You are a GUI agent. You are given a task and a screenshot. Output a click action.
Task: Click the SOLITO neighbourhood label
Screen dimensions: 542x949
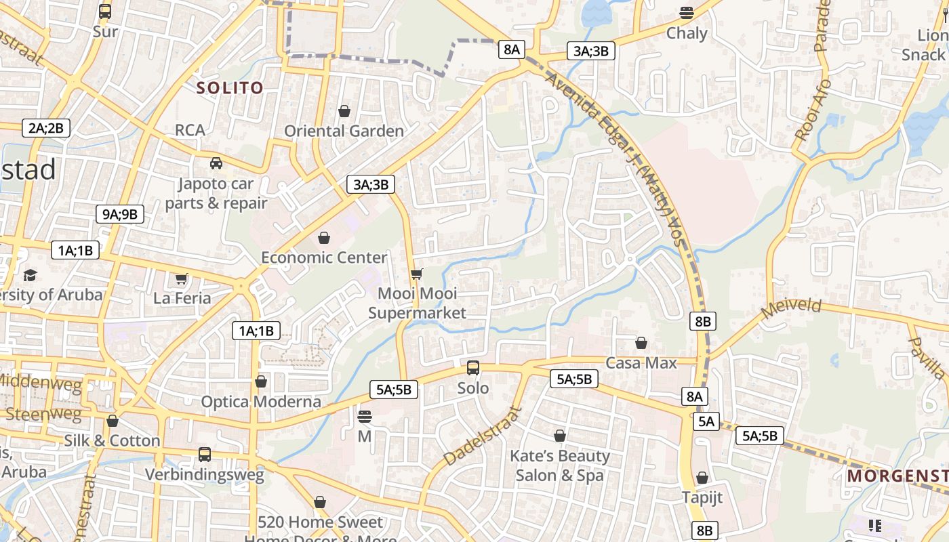tap(229, 87)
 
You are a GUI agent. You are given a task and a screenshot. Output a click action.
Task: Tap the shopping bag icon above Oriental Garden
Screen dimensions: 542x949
tap(344, 110)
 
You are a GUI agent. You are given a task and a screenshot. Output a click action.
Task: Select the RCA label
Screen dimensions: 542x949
tap(190, 130)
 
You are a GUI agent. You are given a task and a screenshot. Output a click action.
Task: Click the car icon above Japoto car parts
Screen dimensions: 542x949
tap(216, 163)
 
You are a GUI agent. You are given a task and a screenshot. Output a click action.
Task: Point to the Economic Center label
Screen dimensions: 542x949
tap(324, 257)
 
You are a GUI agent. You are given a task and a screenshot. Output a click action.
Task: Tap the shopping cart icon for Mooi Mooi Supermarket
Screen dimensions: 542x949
tap(416, 274)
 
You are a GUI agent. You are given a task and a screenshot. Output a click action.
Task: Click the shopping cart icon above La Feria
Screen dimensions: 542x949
tap(181, 278)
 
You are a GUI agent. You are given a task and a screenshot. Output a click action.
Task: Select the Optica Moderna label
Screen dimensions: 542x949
tap(261, 402)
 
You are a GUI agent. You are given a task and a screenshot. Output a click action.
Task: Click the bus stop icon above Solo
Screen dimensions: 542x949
tap(472, 368)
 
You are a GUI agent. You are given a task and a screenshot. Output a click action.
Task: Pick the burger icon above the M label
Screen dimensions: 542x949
tap(365, 416)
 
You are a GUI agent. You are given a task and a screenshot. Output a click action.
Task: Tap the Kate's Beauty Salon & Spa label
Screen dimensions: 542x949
tap(560, 465)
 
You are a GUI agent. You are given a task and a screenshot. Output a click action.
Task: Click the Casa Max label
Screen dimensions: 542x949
tap(641, 363)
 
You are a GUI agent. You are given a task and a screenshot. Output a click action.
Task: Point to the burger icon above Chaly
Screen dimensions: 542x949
tap(687, 12)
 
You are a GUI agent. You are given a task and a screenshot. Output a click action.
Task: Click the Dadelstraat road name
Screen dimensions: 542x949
tap(483, 436)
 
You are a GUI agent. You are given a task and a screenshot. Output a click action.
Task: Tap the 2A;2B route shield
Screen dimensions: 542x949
tap(46, 127)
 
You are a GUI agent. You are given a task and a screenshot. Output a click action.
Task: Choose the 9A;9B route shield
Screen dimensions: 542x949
tap(119, 214)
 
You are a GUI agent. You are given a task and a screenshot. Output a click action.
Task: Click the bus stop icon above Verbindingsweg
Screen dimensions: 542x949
tap(205, 455)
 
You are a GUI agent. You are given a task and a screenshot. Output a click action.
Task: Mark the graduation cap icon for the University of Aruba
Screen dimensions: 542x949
tap(30, 275)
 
